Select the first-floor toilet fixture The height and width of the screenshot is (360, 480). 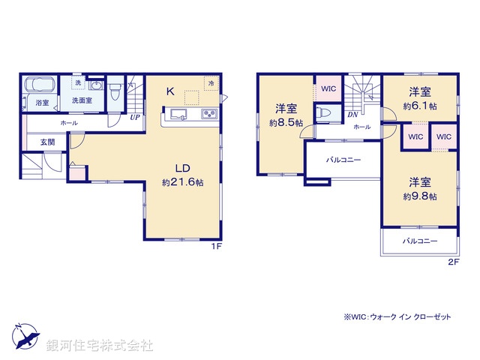(114, 92)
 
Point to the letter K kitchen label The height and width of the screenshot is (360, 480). (170, 92)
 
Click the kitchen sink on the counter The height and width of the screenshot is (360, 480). (178, 115)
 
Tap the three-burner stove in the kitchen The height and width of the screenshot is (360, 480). (207, 115)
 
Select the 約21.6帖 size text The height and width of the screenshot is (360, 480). (182, 182)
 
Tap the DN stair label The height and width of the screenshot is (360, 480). (352, 115)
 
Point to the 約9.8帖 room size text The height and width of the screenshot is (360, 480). (419, 196)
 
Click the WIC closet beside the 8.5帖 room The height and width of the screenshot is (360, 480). (327, 88)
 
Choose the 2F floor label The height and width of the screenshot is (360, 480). (452, 262)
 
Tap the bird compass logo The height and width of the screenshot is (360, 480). (25, 335)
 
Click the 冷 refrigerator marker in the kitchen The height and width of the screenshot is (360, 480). (212, 82)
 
